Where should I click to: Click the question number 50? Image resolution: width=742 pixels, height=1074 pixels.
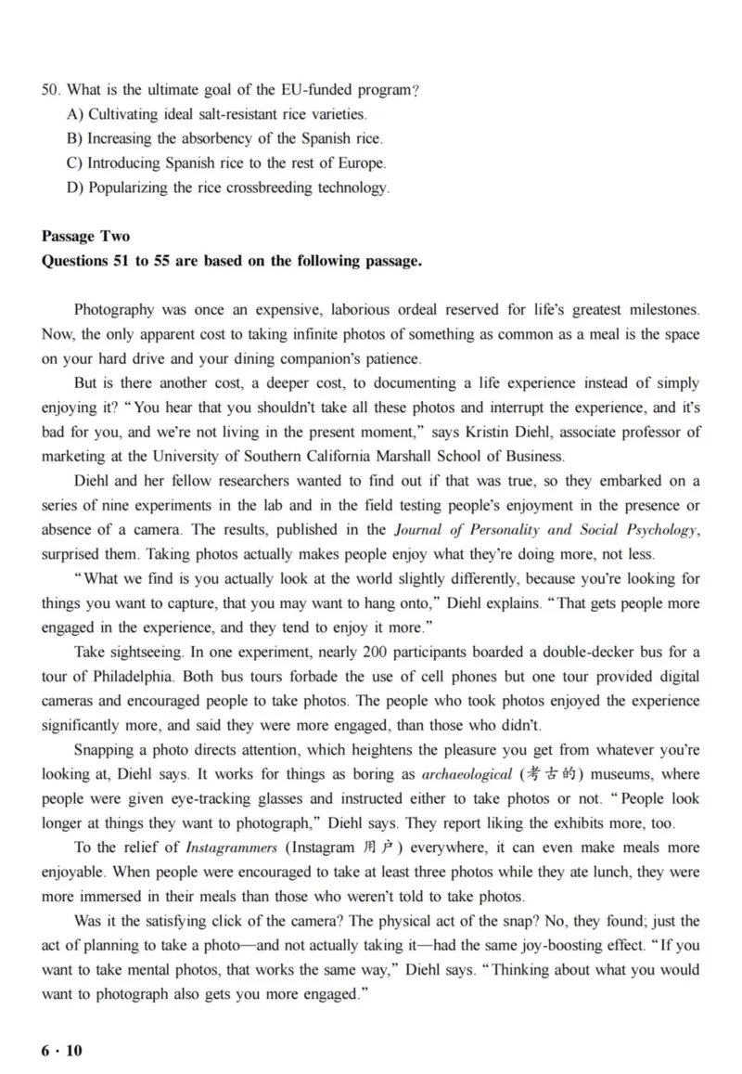[50, 90]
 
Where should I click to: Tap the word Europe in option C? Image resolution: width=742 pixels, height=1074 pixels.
[363, 163]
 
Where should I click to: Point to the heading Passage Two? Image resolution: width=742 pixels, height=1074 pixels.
[86, 237]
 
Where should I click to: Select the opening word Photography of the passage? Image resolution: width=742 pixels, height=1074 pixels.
[115, 309]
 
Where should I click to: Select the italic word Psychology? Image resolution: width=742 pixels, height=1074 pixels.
[658, 530]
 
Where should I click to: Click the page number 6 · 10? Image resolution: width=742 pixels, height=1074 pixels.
[62, 1051]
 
